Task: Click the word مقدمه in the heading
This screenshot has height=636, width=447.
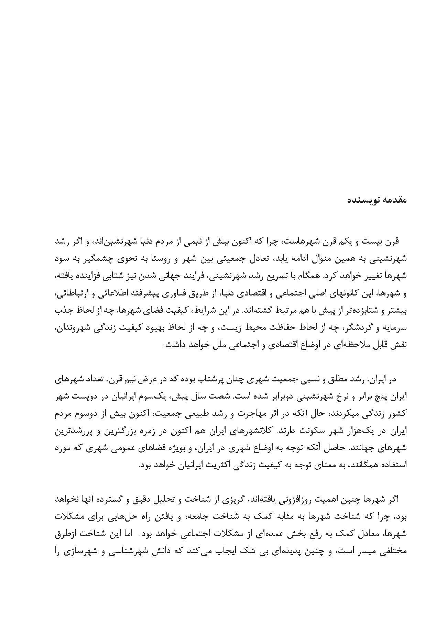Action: click(x=395, y=200)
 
